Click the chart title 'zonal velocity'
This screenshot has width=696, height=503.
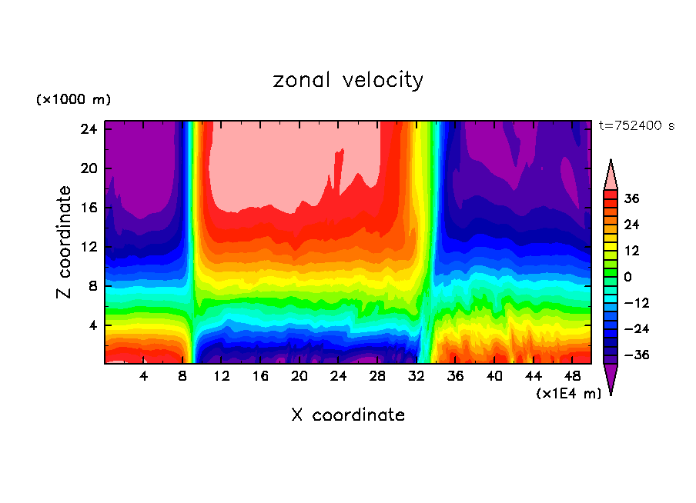point(348,80)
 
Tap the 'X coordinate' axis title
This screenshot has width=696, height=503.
point(348,415)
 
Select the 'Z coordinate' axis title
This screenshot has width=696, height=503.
point(65,242)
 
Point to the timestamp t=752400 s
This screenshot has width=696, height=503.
point(636,126)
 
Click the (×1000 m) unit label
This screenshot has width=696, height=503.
point(73,100)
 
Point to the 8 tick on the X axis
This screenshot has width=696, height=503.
point(182,376)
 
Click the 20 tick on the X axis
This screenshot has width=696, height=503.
point(299,376)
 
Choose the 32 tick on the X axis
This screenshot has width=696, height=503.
point(417,376)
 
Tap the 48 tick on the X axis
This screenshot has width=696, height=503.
point(573,376)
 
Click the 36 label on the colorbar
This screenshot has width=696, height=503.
point(631,198)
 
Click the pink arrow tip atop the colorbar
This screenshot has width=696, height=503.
point(611,174)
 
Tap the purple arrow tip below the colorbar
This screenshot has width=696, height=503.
point(611,380)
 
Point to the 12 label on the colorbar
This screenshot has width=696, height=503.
point(631,251)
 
